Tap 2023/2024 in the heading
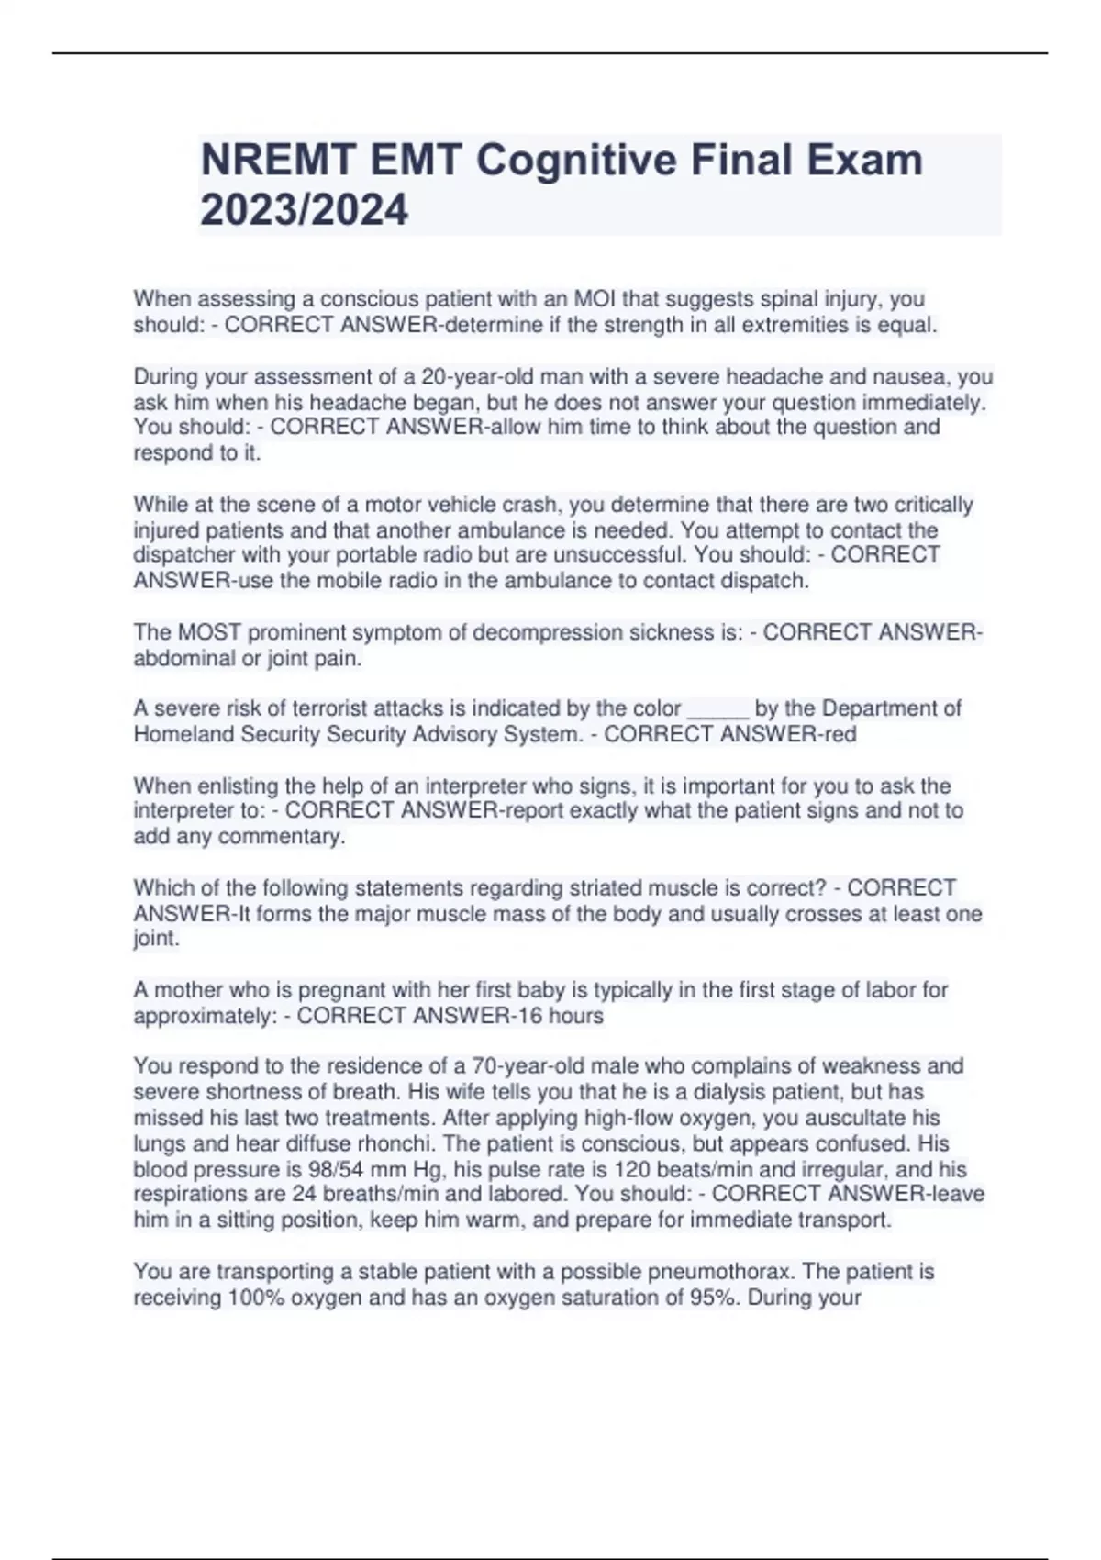tap(304, 210)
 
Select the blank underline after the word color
tap(718, 709)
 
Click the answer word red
tap(839, 734)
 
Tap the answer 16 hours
tap(558, 1016)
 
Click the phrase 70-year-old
tap(527, 1066)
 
